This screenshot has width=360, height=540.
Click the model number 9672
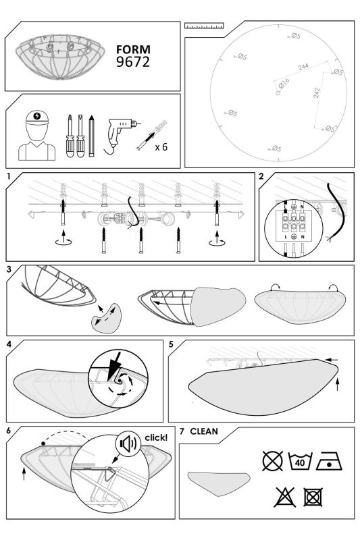coord(133,61)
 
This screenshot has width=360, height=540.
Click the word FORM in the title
coord(133,49)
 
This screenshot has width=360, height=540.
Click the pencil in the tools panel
coord(91,136)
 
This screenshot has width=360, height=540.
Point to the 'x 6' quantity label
coord(161,147)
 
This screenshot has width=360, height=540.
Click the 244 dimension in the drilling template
coord(303,66)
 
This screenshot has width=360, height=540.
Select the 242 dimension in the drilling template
coord(317,92)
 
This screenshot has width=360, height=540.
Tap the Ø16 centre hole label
coord(284,83)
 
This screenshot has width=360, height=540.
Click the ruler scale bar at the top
coord(204,26)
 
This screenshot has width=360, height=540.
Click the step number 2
coord(261,176)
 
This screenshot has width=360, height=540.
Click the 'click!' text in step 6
coord(156,437)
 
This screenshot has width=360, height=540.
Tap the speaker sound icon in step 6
coord(128,443)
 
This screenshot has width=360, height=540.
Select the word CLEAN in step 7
coord(204,431)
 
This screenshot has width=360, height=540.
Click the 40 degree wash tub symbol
coord(300,461)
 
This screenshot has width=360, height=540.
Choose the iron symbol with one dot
coord(330,461)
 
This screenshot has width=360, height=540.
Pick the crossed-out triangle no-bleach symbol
coord(285,497)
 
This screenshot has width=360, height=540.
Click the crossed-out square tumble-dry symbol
coord(313,497)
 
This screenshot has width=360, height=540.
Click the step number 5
coord(171,344)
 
